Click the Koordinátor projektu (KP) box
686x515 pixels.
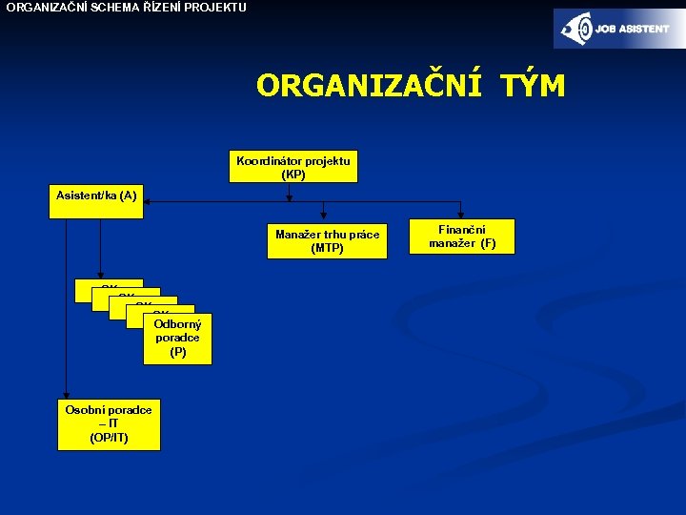click(293, 167)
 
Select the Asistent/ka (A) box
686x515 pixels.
click(96, 202)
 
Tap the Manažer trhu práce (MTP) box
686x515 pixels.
click(327, 240)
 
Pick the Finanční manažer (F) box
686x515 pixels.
click(461, 237)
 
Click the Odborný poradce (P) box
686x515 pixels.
click(178, 339)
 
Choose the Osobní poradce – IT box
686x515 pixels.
click(109, 423)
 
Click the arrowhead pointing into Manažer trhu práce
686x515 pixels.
click(325, 216)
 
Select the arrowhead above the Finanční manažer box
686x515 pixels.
click(461, 215)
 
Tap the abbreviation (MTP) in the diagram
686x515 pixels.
click(327, 249)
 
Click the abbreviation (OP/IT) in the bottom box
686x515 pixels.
click(109, 438)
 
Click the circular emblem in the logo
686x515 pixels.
click(578, 29)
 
